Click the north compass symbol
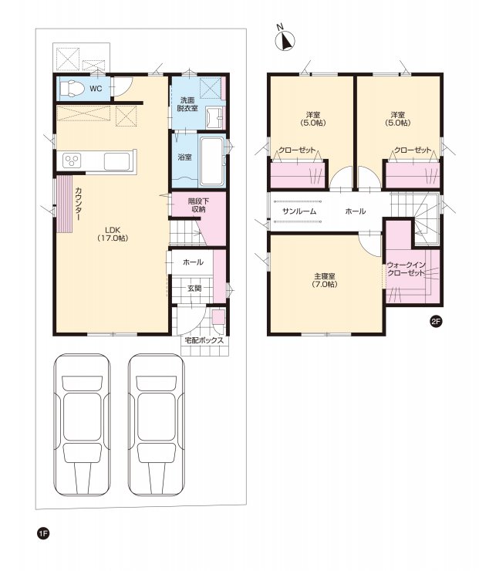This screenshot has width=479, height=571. click(x=285, y=39)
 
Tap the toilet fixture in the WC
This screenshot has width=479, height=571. click(x=71, y=89)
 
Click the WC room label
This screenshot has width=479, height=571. click(x=96, y=89)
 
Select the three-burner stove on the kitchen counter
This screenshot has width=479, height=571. click(x=71, y=160)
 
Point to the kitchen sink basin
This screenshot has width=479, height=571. click(x=116, y=161)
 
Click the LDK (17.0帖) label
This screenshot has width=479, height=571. click(x=113, y=234)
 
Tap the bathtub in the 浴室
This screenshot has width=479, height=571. click(x=213, y=161)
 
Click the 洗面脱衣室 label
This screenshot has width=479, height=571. click(x=187, y=104)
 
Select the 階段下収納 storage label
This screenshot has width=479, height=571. click(x=197, y=204)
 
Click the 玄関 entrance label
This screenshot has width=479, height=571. click(x=194, y=288)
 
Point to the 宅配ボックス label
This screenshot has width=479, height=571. click(x=204, y=340)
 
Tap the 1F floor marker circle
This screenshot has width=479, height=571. click(x=43, y=534)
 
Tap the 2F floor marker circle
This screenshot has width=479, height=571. click(x=436, y=322)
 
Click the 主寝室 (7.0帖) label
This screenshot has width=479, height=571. click(x=324, y=280)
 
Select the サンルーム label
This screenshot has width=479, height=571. click(x=299, y=211)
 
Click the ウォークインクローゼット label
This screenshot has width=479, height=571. click(x=406, y=269)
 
